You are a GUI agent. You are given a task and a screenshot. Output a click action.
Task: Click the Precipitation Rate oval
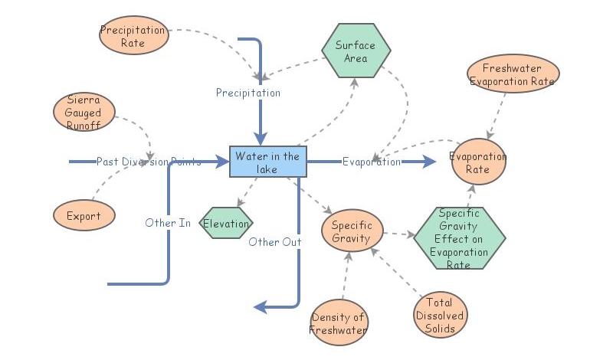133,37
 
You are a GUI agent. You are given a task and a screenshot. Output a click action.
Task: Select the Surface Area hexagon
356,51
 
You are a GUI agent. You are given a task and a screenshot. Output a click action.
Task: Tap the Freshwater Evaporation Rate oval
513,75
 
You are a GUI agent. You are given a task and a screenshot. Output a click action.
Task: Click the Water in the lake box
268,162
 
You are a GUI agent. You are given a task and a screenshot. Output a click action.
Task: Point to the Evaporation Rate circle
478,162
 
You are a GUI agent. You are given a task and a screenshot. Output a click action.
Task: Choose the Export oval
84,215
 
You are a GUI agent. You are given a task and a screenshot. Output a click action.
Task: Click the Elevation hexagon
226,224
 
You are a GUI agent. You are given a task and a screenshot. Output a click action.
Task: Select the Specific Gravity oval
352,231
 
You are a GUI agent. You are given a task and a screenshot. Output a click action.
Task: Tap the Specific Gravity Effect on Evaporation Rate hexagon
460,237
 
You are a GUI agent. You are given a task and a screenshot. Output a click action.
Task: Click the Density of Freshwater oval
339,323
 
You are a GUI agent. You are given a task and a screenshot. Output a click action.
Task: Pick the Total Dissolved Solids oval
440,315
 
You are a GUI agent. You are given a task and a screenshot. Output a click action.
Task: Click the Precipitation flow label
247,93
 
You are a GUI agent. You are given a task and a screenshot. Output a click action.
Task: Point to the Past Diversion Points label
149,162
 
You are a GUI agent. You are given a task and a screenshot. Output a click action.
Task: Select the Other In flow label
168,223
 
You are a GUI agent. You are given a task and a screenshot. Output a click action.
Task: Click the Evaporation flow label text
371,162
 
